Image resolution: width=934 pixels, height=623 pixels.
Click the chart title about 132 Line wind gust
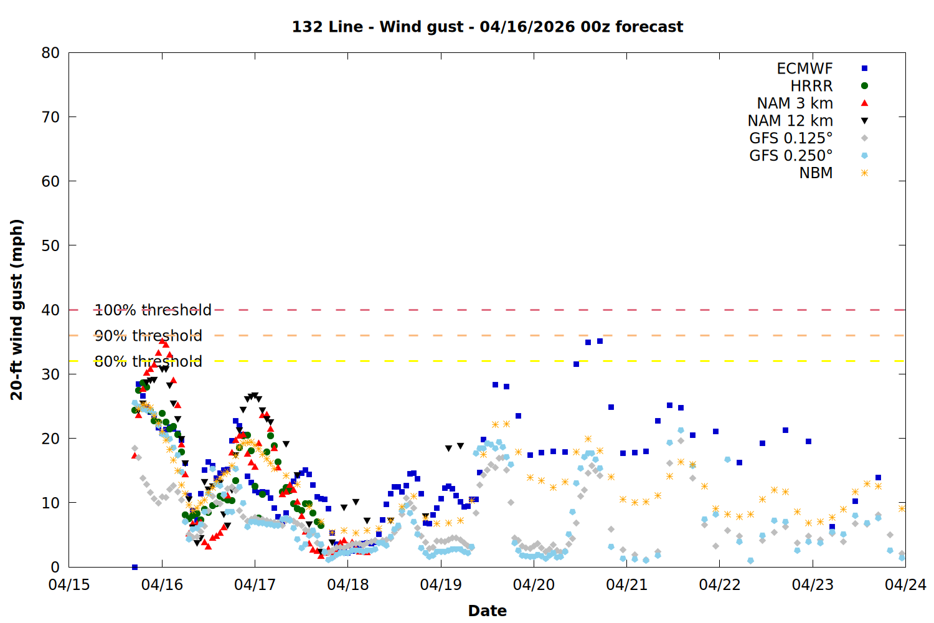click(x=488, y=27)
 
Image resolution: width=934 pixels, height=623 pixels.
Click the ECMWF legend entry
click(x=804, y=69)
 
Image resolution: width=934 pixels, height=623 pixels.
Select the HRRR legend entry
click(x=811, y=86)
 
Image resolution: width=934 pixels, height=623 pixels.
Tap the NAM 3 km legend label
click(x=795, y=103)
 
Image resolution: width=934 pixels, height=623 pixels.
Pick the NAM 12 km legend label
click(x=790, y=121)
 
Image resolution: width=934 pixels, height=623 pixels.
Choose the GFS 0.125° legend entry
click(x=791, y=138)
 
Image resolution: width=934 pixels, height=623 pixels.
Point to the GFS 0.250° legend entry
click(x=791, y=156)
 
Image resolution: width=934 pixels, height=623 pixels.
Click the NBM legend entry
click(x=816, y=173)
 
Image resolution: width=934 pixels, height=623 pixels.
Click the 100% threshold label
click(x=153, y=310)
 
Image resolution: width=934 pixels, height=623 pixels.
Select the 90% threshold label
click(x=148, y=336)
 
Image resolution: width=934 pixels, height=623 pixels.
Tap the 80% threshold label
click(x=148, y=361)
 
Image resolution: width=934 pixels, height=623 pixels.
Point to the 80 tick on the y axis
click(x=51, y=53)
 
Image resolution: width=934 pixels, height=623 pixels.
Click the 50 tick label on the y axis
click(x=51, y=245)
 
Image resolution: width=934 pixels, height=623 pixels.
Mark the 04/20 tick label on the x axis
click(x=534, y=585)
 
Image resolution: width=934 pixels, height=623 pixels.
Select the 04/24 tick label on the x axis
click(x=905, y=585)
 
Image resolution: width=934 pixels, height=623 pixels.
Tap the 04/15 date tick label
click(x=69, y=585)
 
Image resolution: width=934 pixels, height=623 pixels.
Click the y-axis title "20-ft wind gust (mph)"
click(x=17, y=310)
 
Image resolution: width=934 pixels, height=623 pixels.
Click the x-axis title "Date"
click(x=487, y=611)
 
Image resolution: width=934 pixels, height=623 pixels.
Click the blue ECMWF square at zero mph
click(x=134, y=567)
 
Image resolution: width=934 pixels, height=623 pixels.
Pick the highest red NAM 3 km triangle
click(x=162, y=341)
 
